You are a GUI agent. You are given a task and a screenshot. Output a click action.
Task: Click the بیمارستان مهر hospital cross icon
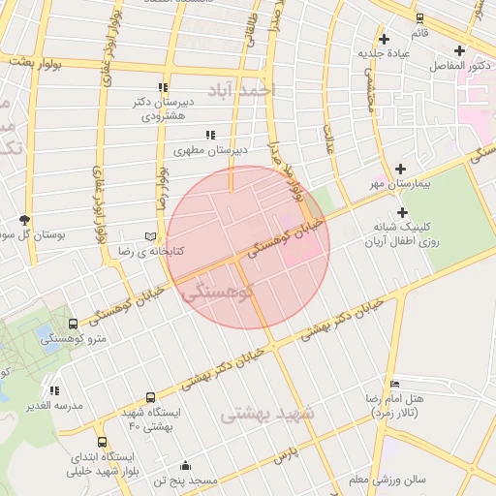(399, 168)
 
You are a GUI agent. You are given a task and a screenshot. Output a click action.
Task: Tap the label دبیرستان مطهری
(210, 150)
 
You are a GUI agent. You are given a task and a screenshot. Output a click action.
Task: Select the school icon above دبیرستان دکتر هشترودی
(163, 87)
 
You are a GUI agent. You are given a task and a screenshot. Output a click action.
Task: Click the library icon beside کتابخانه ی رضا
(148, 235)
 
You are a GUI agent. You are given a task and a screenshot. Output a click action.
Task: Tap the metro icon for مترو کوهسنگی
(74, 324)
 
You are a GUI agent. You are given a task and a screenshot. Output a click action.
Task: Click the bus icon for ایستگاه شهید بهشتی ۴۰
(150, 397)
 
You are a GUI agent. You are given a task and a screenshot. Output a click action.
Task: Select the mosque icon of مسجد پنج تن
(185, 465)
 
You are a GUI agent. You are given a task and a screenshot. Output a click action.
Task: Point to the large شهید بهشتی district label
(268, 414)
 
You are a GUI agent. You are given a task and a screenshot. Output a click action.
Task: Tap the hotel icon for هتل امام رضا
(392, 384)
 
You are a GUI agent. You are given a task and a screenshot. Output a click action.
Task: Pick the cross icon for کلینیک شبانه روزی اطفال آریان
(402, 213)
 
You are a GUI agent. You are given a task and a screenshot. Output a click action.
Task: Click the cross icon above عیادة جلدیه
(385, 39)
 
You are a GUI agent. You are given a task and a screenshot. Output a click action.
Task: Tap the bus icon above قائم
(419, 17)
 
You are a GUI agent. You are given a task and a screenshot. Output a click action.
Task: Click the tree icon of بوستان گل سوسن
(24, 220)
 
